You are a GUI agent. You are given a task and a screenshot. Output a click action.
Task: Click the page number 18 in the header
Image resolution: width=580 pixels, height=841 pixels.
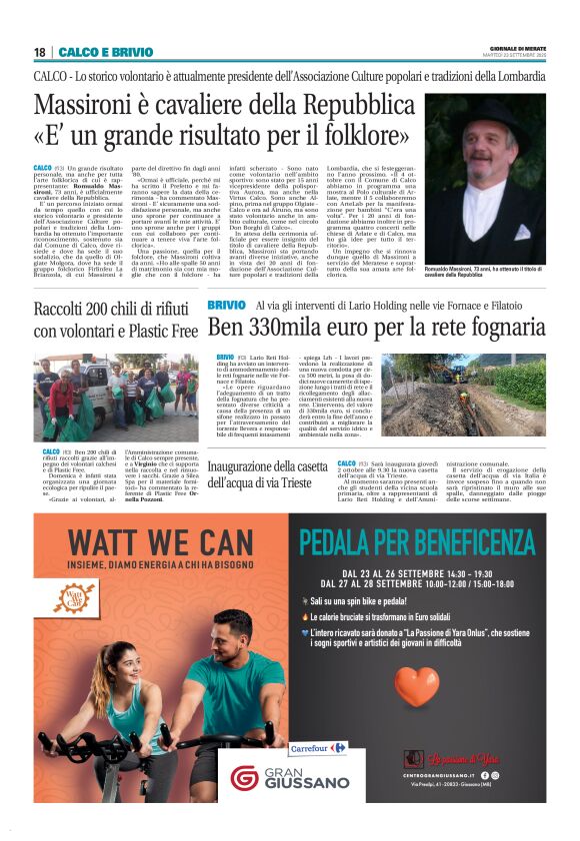(x=39, y=52)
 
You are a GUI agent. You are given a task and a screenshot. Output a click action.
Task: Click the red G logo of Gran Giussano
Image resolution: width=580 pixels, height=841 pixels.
(x=245, y=777)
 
